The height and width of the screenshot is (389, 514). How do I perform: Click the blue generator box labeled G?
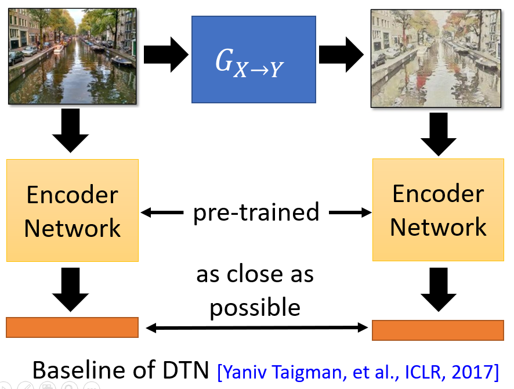tap(254, 59)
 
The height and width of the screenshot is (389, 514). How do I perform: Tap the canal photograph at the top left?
tap(72, 56)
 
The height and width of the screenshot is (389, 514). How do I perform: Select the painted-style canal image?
tap(436, 59)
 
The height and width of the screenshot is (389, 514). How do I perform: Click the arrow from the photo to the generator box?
tap(166, 55)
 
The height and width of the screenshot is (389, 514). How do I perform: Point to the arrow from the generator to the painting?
tap(341, 55)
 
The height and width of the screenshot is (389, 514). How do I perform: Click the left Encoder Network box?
tap(73, 211)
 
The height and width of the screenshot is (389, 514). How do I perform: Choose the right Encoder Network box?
tap(438, 210)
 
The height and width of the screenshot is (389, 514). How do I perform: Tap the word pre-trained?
tap(256, 213)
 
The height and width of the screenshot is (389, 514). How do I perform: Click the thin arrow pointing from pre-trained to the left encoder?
tap(162, 212)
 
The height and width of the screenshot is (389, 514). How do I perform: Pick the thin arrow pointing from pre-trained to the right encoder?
tap(350, 212)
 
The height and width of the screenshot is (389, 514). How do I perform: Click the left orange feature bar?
tap(72, 327)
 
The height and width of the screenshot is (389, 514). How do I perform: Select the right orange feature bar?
tap(438, 330)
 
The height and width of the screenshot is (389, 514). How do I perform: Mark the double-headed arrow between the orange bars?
tap(256, 327)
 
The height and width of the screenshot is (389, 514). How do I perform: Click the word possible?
tap(255, 308)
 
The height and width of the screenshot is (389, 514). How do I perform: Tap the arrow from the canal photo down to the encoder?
tap(70, 131)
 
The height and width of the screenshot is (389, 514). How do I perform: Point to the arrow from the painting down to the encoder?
tap(439, 134)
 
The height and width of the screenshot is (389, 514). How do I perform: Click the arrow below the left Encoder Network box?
tap(70, 290)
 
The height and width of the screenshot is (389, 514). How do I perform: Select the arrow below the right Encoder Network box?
tap(439, 290)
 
